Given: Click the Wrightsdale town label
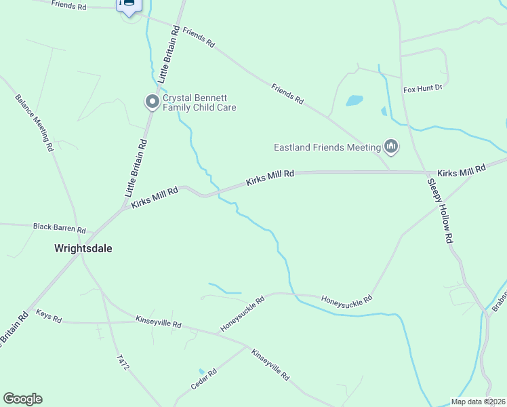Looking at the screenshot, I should (x=83, y=248).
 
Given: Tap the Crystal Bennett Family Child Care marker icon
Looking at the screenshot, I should (x=153, y=102).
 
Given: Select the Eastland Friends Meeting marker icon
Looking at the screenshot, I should (x=390, y=146).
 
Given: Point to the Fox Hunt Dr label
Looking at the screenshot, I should (x=422, y=88).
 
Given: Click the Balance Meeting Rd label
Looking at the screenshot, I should (x=34, y=123).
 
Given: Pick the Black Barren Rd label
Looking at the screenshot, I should (x=60, y=227).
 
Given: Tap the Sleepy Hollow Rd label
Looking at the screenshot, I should (x=439, y=210).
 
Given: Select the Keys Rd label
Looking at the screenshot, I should (x=49, y=315).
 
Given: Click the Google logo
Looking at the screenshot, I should (x=22, y=399).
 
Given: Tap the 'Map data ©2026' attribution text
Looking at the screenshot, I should (x=478, y=402).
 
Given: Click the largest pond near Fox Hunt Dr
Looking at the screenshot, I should (x=354, y=100).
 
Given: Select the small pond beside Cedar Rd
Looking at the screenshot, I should (x=201, y=371).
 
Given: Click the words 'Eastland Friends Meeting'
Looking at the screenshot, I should (x=327, y=147).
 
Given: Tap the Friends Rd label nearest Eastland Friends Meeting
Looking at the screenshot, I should (x=287, y=93).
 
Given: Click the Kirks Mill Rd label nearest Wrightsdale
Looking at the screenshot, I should (x=154, y=196).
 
